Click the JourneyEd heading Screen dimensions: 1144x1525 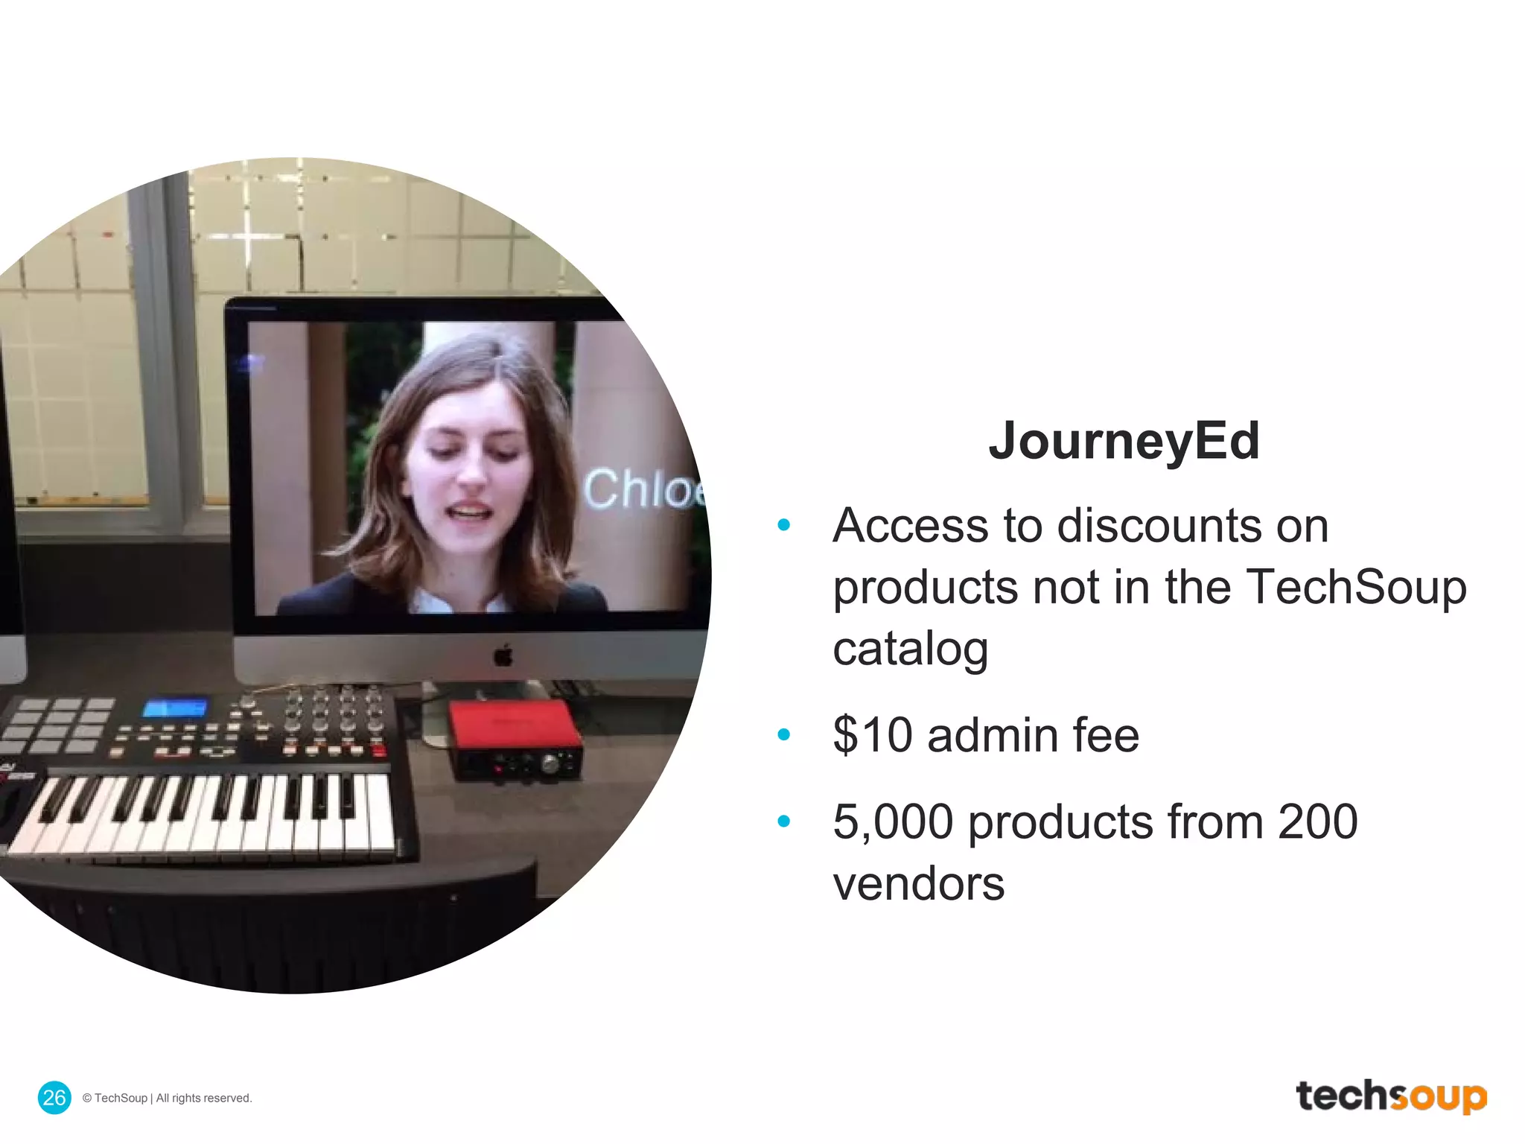(x=1124, y=441)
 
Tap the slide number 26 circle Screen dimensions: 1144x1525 (x=54, y=1097)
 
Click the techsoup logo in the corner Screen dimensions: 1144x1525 (x=1391, y=1096)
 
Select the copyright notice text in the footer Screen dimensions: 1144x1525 (x=168, y=1098)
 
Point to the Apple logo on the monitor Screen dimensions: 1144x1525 (x=504, y=655)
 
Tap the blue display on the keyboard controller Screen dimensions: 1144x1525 (x=176, y=707)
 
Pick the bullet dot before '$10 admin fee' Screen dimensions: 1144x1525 (x=783, y=735)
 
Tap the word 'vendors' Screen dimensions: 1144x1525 (x=918, y=884)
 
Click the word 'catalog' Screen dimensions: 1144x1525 (x=910, y=649)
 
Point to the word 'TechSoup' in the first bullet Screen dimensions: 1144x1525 (x=1355, y=587)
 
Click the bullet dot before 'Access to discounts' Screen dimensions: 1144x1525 (x=783, y=525)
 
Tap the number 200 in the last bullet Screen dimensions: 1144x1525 (x=1317, y=822)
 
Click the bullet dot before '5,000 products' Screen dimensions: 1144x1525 (x=783, y=822)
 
